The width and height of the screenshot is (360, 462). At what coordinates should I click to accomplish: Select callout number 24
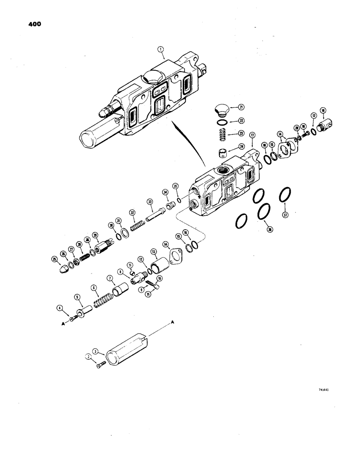click(241, 148)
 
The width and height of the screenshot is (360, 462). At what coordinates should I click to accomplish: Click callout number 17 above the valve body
click(252, 136)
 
